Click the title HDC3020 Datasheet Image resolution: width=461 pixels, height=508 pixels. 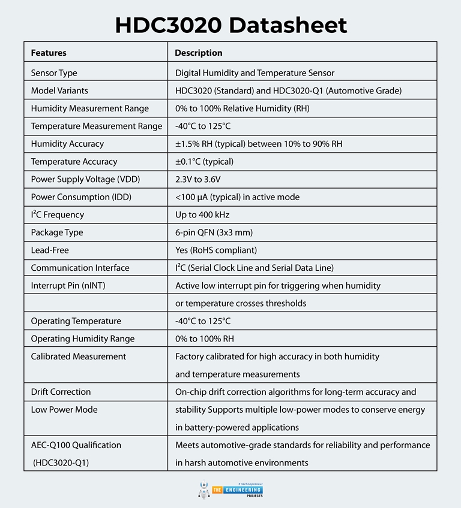click(x=230, y=25)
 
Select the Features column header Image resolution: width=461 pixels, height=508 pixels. click(x=49, y=53)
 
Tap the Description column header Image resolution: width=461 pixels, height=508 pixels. click(x=198, y=53)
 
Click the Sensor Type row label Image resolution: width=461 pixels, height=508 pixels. click(x=54, y=73)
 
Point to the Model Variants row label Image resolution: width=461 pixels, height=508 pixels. click(x=59, y=90)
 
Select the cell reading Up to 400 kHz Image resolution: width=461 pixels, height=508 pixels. click(x=202, y=214)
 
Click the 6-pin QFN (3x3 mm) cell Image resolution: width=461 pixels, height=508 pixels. click(x=213, y=232)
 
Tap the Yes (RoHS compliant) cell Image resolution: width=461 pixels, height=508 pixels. click(x=216, y=250)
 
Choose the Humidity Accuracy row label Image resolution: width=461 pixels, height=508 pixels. click(x=67, y=144)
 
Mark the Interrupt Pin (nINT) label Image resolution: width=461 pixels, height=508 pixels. click(x=68, y=286)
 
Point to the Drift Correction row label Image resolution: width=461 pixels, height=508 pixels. click(x=61, y=392)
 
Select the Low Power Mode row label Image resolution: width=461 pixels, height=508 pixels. click(x=64, y=410)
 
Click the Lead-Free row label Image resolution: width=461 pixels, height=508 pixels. click(x=50, y=250)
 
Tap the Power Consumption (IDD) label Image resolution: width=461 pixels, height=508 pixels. click(x=81, y=197)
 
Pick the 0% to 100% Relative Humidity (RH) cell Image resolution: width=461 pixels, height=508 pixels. click(x=243, y=108)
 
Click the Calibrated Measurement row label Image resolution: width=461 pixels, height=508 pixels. click(x=79, y=356)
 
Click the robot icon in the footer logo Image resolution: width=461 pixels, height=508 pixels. click(x=203, y=489)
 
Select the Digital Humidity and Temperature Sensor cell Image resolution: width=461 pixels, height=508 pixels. click(x=255, y=73)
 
